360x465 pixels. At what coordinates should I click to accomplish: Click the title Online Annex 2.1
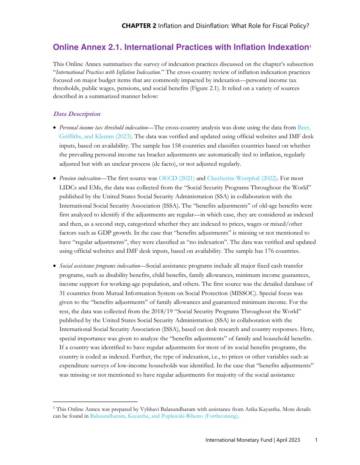[76, 35]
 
